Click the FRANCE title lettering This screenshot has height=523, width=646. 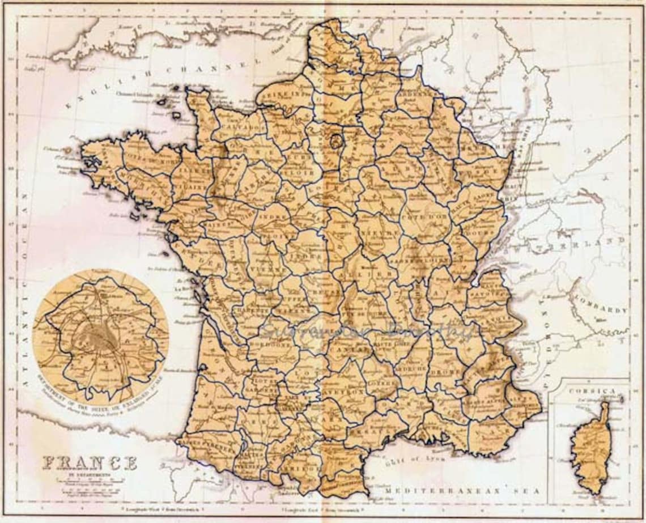pos(90,463)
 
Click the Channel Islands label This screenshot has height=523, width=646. pos(132,93)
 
